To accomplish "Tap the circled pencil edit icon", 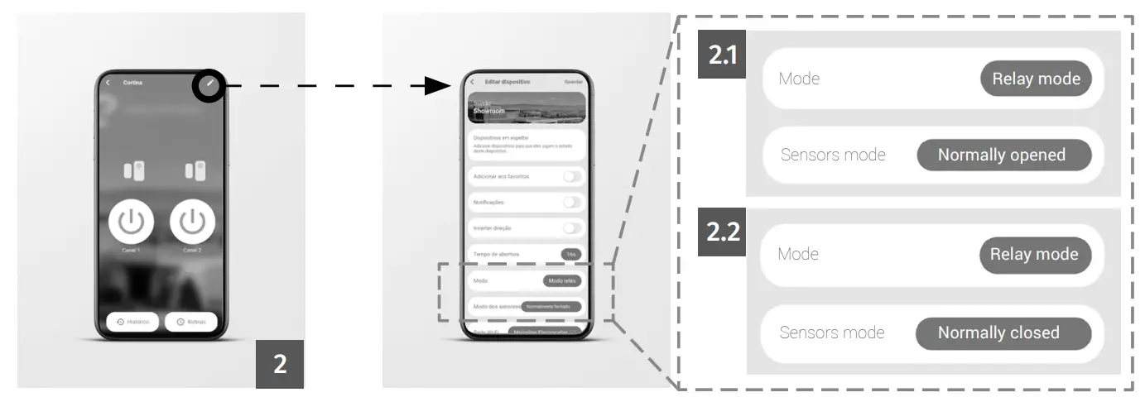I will [210, 84].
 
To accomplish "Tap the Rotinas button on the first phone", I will [190, 322].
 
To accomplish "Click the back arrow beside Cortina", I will [108, 83].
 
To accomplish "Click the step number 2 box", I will [280, 363].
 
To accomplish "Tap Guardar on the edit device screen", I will [573, 82].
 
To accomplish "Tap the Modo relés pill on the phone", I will [562, 281].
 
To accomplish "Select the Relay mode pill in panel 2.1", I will [1036, 79].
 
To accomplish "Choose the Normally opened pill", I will [1003, 155].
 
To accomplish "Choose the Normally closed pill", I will [1003, 332].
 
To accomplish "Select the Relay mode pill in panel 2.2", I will [1035, 254].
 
